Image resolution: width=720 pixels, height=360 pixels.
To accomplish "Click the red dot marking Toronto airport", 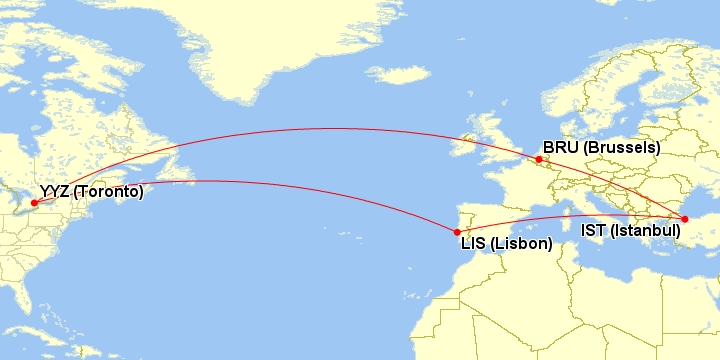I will click(x=35, y=203).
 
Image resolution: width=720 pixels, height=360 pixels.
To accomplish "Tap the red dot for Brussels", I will click(x=539, y=159).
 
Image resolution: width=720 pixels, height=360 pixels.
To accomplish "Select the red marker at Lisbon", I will click(x=457, y=232).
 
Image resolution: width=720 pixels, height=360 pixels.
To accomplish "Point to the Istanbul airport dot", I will click(x=685, y=218).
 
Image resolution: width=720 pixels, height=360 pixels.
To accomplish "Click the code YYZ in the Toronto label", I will click(x=54, y=191).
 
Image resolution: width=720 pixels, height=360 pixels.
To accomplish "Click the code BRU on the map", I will click(x=560, y=147).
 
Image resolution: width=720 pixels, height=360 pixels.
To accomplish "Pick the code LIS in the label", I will click(x=474, y=242).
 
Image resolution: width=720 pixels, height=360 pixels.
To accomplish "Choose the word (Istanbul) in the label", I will click(x=645, y=230).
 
